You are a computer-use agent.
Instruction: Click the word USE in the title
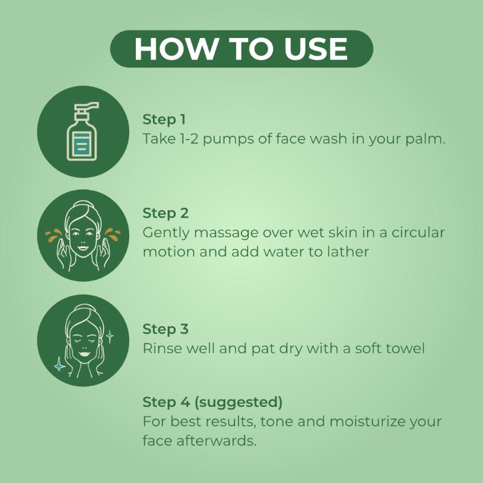(x=316, y=49)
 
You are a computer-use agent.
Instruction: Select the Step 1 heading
(x=164, y=120)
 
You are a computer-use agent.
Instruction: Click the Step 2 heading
(x=165, y=213)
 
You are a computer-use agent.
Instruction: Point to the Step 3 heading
(x=165, y=329)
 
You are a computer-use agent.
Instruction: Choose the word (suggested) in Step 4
(x=238, y=402)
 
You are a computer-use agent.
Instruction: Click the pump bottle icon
(x=83, y=132)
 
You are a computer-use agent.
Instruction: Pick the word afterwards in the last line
(x=216, y=441)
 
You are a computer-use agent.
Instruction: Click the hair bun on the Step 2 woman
(x=81, y=205)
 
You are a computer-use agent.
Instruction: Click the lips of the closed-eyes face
(x=84, y=353)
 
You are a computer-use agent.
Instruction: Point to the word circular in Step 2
(x=418, y=233)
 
